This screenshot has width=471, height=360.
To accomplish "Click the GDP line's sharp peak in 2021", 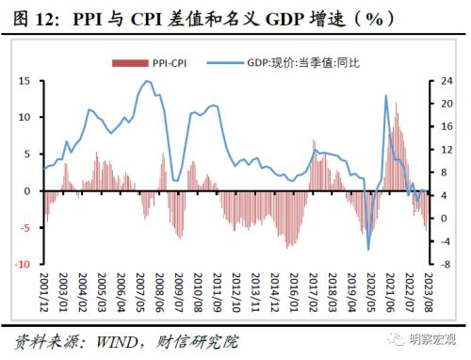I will [386, 95].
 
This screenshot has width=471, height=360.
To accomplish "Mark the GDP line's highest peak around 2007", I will [147, 81].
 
